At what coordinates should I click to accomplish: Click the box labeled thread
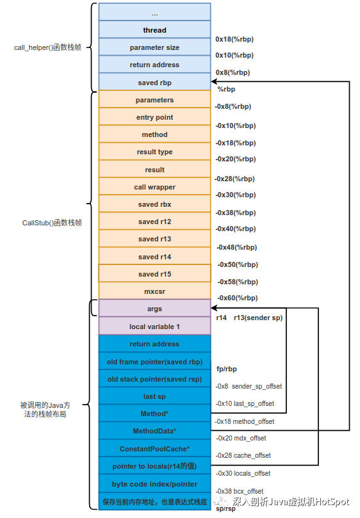click(155, 29)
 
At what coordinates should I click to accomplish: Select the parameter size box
click(155, 47)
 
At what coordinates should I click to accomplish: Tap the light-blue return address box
click(155, 65)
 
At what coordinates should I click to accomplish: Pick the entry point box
click(155, 117)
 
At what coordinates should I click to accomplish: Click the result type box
click(155, 152)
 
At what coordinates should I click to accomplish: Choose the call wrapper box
click(155, 187)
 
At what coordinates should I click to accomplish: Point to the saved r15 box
click(155, 273)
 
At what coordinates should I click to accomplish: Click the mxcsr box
click(155, 291)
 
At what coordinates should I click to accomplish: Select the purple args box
click(155, 309)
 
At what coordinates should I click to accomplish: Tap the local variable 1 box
click(155, 326)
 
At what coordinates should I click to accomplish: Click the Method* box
click(155, 413)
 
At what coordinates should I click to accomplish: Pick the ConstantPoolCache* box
click(155, 448)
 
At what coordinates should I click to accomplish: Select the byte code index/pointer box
click(155, 483)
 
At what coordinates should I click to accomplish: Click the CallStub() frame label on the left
click(52, 223)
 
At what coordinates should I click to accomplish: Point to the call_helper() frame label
click(47, 47)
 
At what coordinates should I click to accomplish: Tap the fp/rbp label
click(227, 369)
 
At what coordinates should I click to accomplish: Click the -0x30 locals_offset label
click(243, 473)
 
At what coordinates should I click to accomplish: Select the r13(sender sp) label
click(258, 318)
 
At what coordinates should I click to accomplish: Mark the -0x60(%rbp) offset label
click(238, 298)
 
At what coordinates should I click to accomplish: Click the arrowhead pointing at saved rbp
click(214, 81)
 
